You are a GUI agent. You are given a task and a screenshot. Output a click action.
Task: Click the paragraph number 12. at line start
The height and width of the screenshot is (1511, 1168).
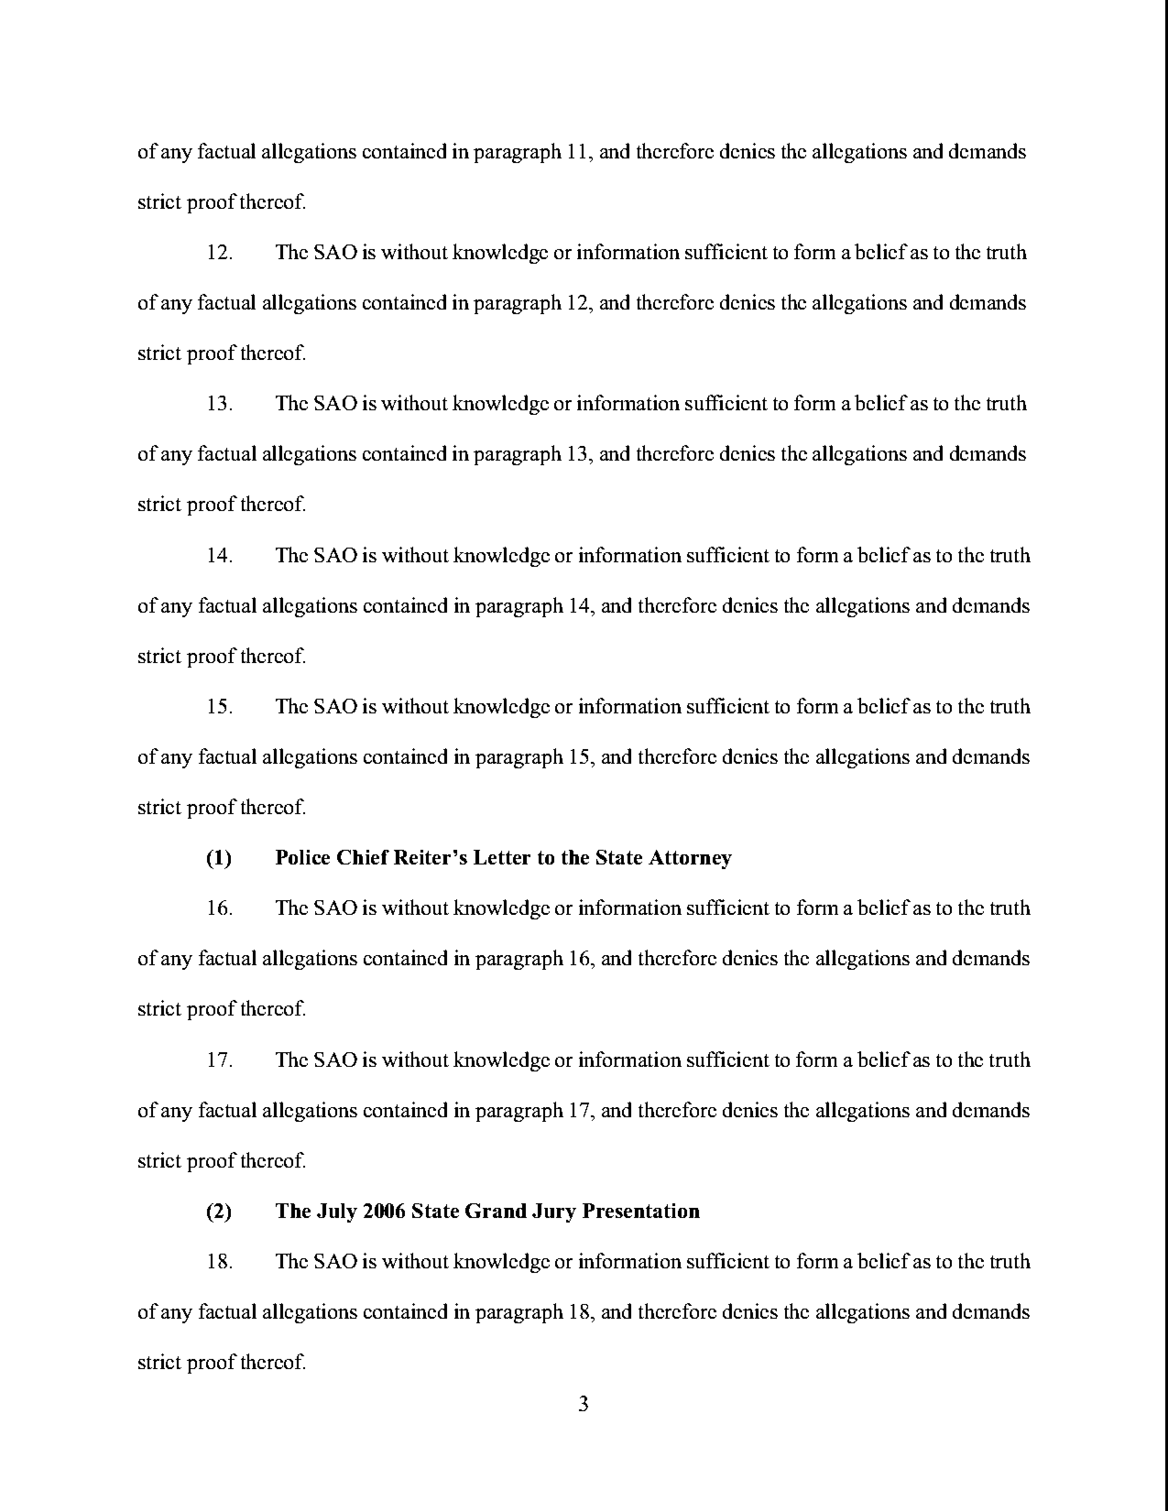[219, 253]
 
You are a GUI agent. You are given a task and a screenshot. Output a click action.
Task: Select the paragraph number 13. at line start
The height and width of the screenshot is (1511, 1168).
[219, 404]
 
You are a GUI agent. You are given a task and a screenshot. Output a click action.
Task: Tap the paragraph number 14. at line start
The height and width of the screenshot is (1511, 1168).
[219, 556]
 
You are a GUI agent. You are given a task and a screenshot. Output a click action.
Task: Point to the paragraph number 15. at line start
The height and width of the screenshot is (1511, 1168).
[219, 707]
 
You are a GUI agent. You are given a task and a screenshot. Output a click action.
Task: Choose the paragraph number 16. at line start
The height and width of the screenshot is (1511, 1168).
[219, 908]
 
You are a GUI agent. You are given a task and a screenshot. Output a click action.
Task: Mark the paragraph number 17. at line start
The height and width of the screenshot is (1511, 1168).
[219, 1060]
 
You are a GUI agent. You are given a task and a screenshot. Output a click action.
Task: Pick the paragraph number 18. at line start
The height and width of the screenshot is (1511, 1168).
[219, 1262]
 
